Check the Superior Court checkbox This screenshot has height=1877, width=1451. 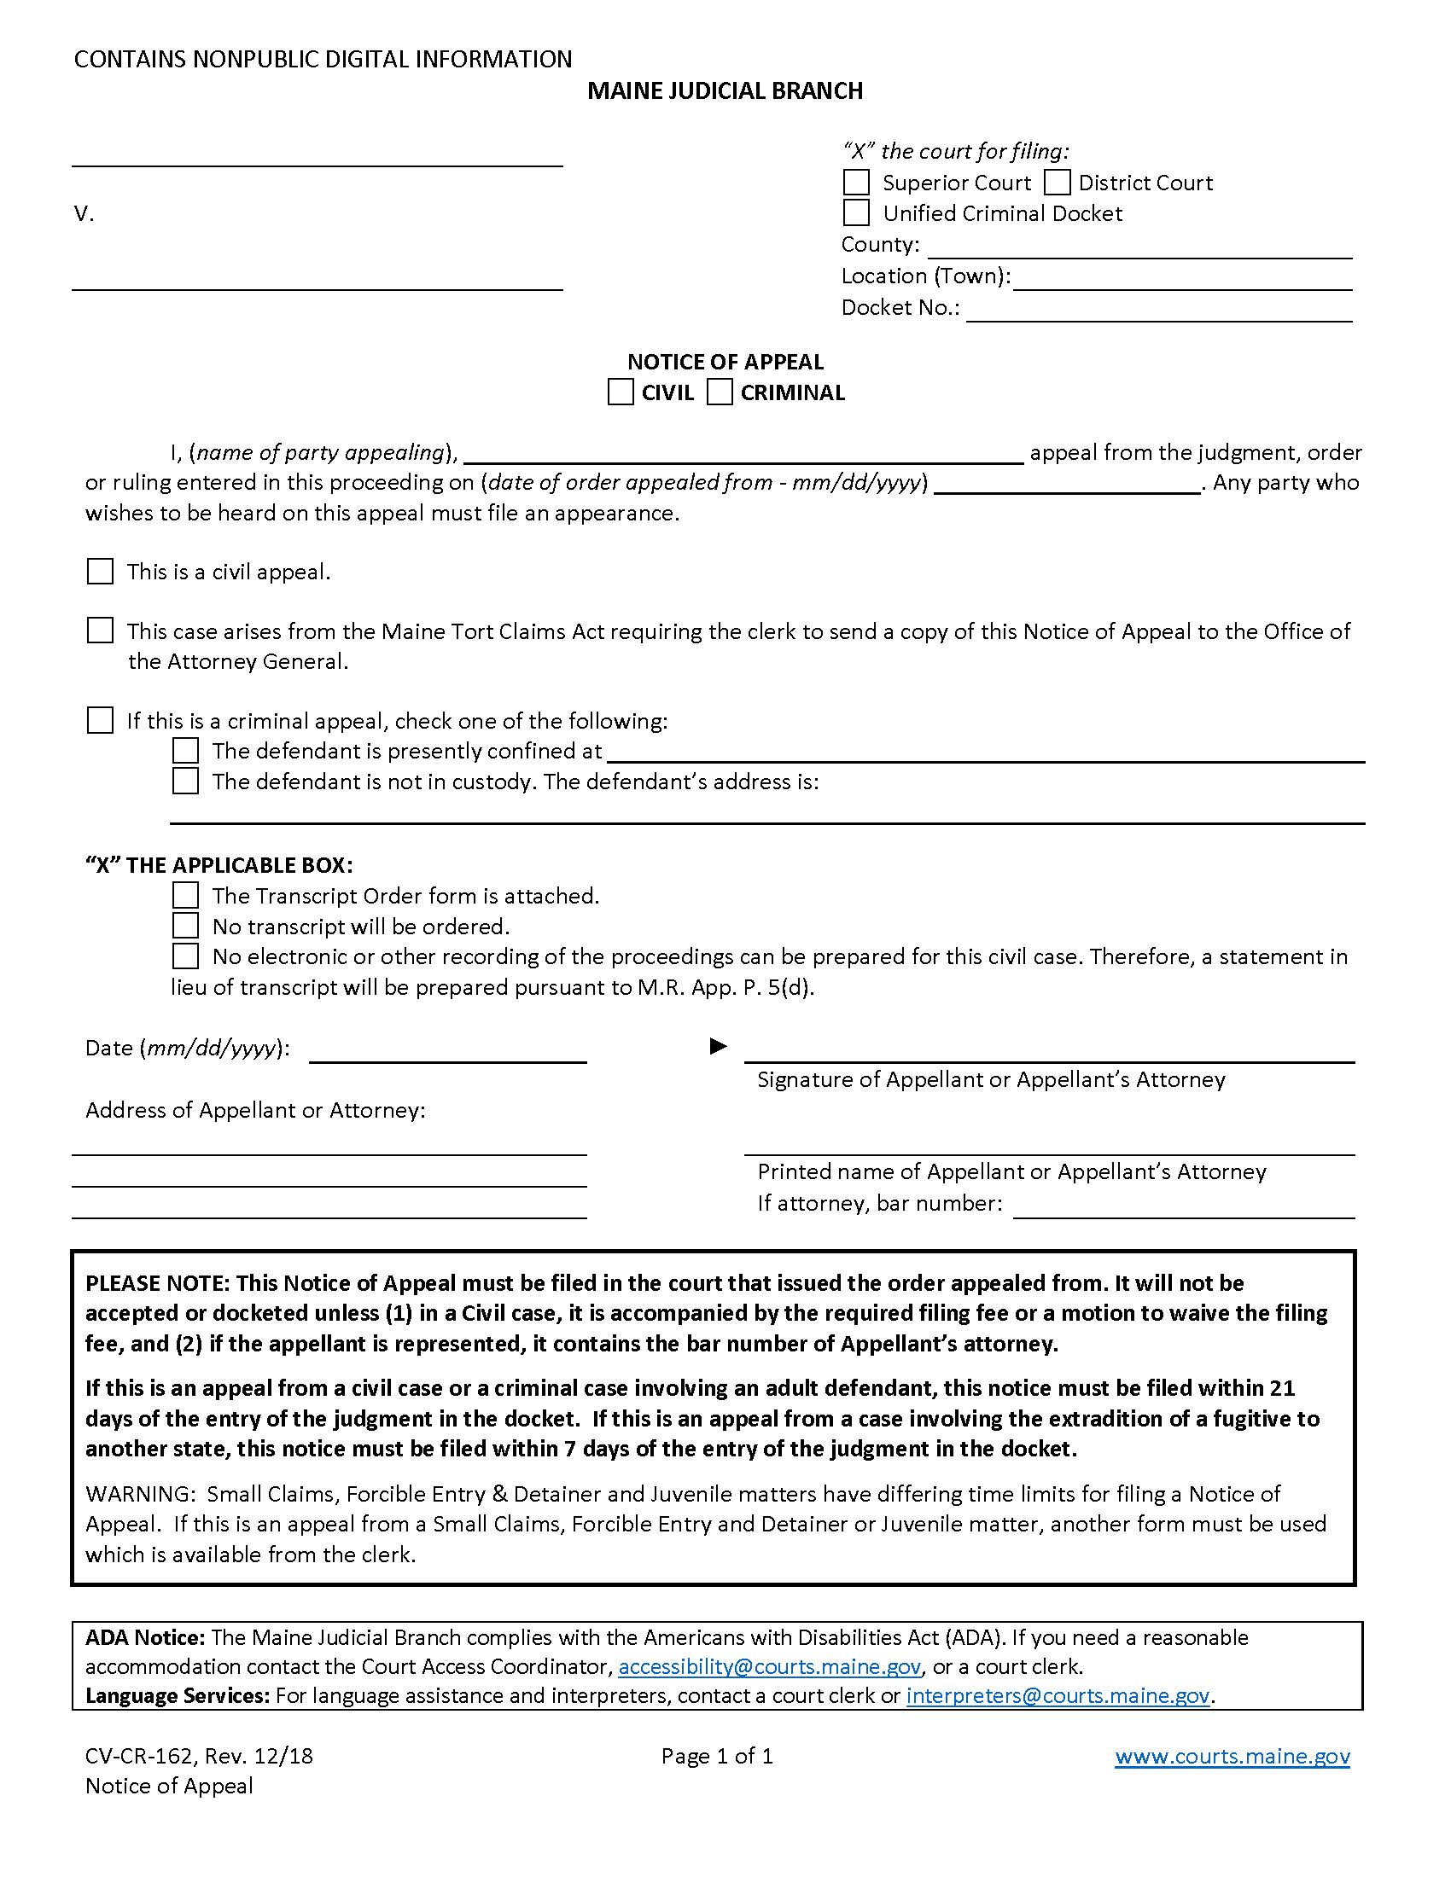point(856,183)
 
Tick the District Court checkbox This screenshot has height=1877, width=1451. point(1057,183)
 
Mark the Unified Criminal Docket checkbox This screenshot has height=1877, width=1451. point(856,212)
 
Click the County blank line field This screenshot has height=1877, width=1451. point(1139,247)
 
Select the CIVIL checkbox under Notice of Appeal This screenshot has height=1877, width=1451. point(620,392)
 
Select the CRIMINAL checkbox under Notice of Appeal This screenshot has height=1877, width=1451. point(720,392)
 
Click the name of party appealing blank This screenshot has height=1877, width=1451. point(743,453)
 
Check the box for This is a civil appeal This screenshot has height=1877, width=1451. point(100,572)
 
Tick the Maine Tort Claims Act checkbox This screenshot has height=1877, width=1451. point(100,631)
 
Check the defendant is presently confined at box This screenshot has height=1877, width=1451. point(185,750)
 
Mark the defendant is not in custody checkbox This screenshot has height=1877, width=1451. point(185,781)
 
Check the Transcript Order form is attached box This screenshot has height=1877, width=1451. point(185,896)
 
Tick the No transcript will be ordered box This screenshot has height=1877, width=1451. point(185,926)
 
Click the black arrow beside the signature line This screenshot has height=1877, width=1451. point(718,1046)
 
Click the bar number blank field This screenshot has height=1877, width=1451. point(1184,1206)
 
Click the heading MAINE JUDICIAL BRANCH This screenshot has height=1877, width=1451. point(725,91)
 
